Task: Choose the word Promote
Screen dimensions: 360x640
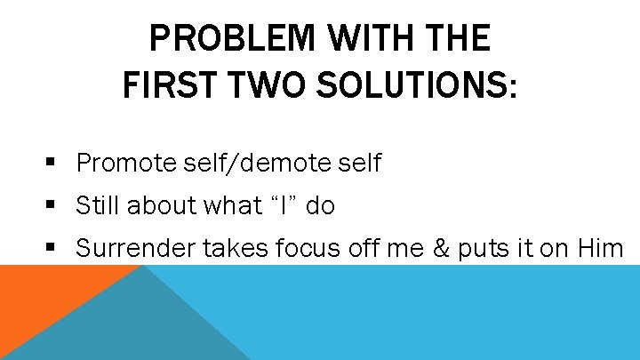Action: [x=126, y=164]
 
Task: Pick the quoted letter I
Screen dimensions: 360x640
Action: [x=276, y=205]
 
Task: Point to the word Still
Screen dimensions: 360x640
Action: [x=98, y=205]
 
